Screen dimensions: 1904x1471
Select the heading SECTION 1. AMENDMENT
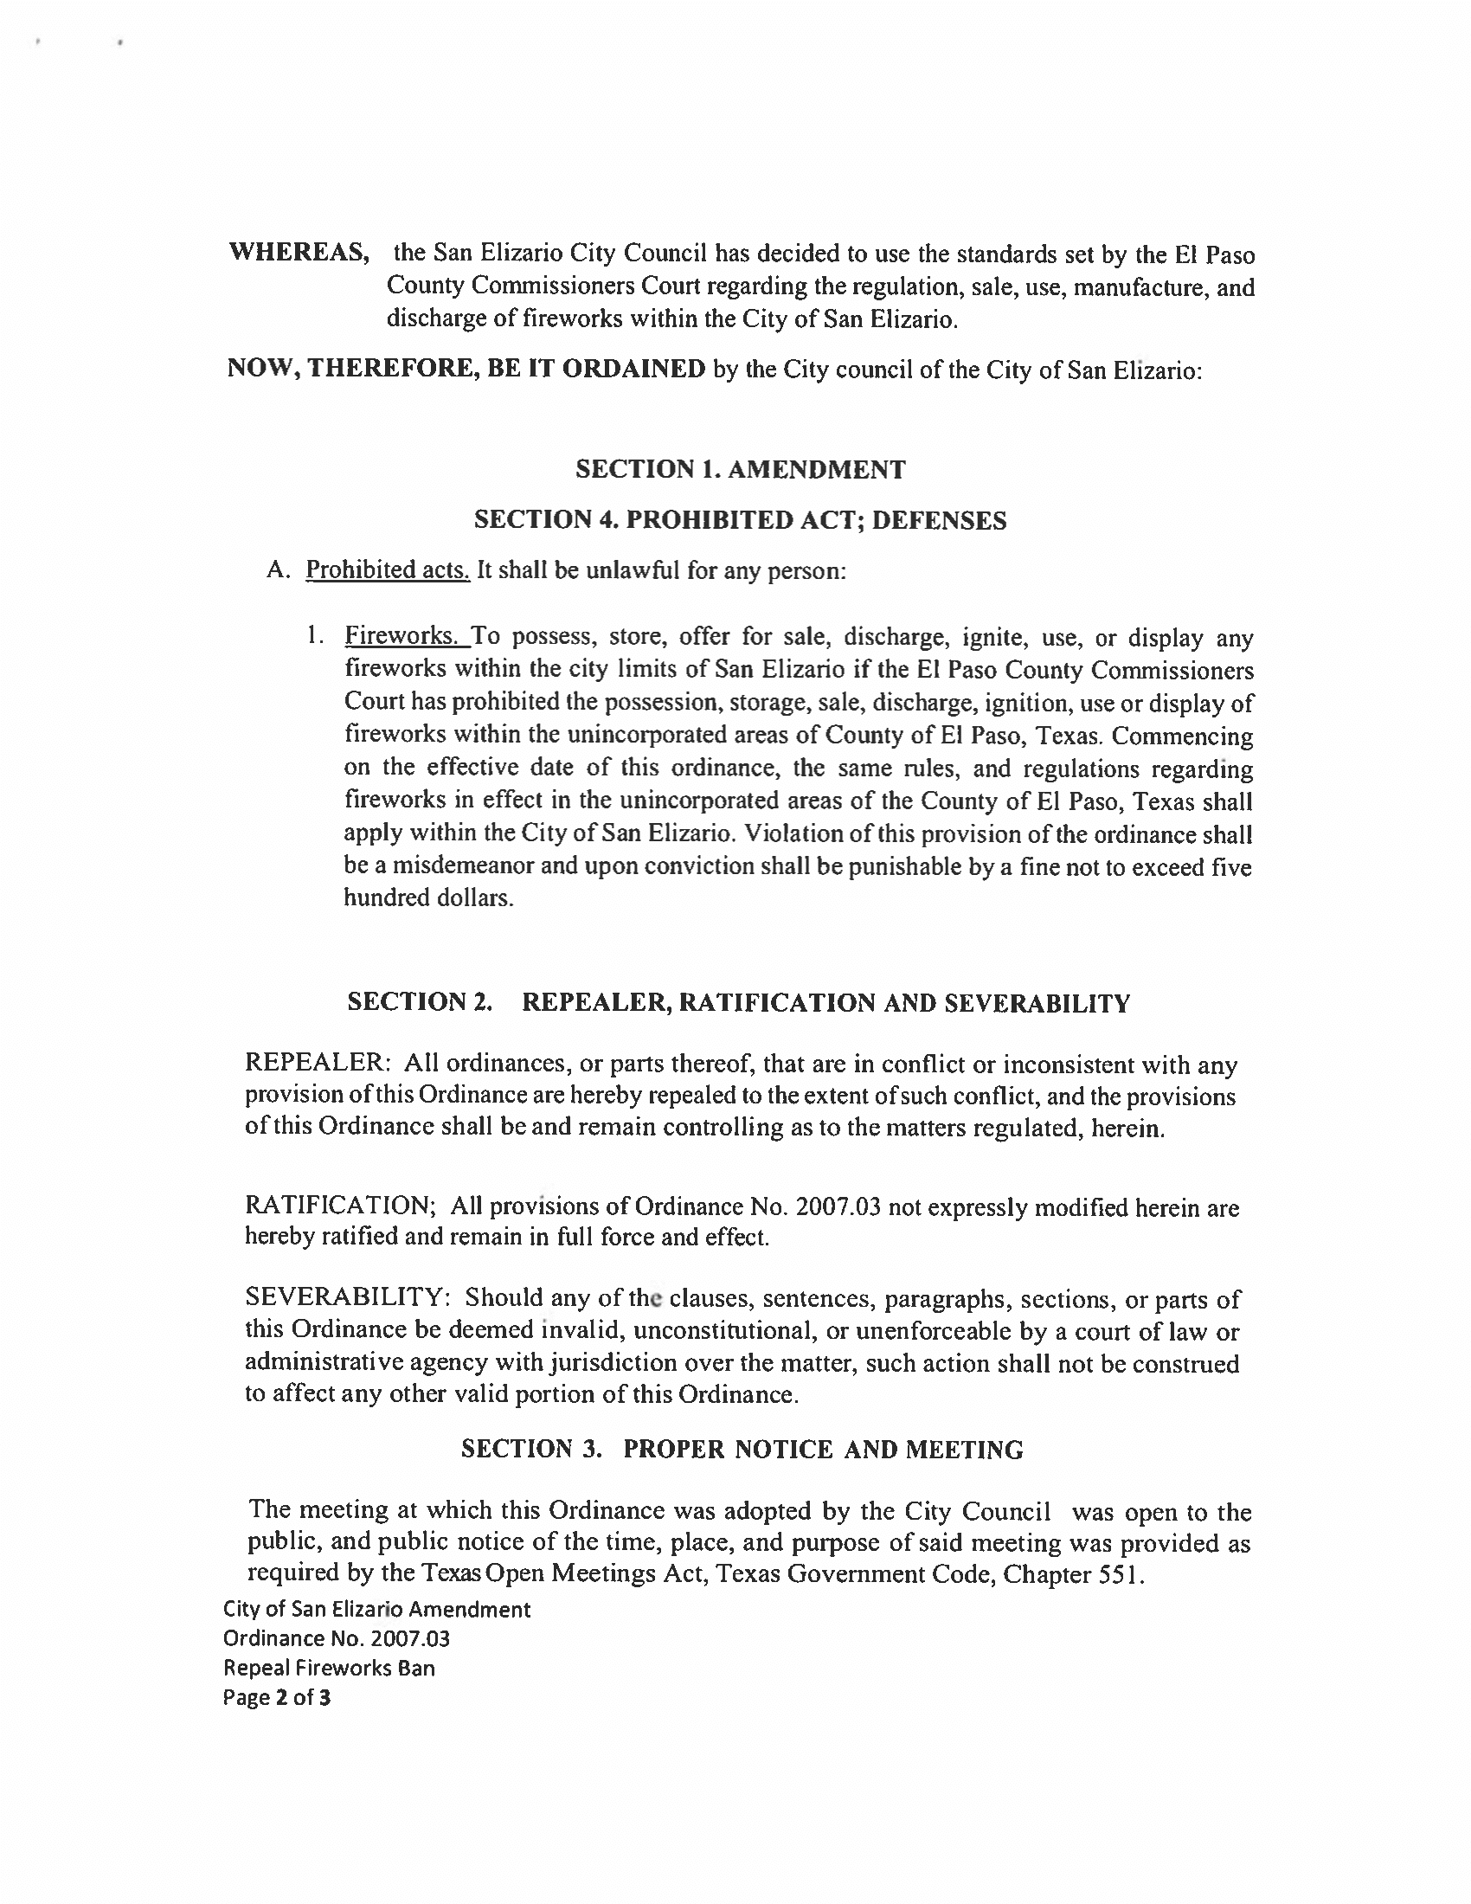click(x=740, y=470)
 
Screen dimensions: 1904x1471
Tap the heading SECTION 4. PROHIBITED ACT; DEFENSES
click(x=740, y=520)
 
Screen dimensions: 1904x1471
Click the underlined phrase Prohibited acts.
click(x=388, y=570)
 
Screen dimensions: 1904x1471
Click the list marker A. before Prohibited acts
click(x=278, y=571)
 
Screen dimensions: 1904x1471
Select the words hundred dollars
click(x=427, y=898)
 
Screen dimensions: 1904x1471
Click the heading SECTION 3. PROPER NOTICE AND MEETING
click(x=742, y=1449)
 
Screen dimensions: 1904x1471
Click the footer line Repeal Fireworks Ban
click(x=330, y=1668)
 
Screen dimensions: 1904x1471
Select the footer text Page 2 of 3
click(x=277, y=1697)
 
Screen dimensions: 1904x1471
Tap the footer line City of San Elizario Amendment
click(x=376, y=1610)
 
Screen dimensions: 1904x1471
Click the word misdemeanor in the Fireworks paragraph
click(x=464, y=865)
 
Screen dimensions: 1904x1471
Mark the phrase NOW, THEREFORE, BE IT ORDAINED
click(x=466, y=369)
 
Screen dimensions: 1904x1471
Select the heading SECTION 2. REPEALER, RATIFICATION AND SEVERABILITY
click(x=738, y=1002)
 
